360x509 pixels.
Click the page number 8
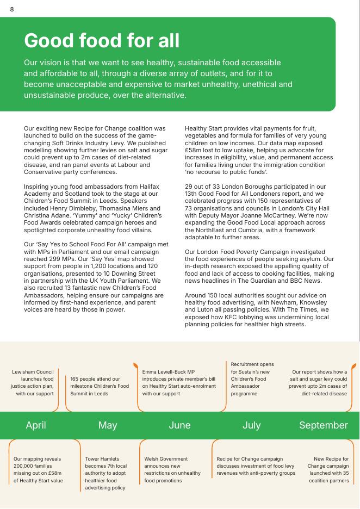point(12,9)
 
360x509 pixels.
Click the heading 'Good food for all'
point(101,41)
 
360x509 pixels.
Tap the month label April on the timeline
point(36,425)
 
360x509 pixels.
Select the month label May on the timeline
point(108,425)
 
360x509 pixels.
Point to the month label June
point(179,425)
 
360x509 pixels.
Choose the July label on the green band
point(251,425)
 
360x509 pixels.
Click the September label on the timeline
point(323,425)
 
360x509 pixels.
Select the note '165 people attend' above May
point(100,386)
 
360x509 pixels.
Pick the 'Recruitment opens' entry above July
point(252,379)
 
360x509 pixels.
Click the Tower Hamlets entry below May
point(105,473)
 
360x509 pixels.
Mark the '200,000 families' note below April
point(38,470)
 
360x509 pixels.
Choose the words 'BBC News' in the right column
point(313,281)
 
